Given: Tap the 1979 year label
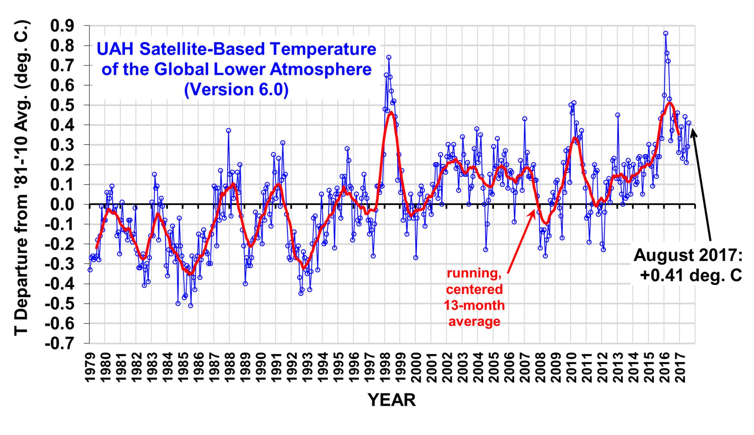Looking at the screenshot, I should coord(90,368).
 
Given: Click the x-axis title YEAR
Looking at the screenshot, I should coord(391,400).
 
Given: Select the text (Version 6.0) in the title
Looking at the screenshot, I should coord(236,89).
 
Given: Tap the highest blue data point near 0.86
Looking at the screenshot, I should coord(665,33).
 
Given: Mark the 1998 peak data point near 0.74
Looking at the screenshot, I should coord(389,57).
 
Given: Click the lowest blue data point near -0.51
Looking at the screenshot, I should coord(190,305).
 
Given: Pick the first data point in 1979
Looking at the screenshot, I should coord(90,270).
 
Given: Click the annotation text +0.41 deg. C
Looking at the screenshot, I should coord(691,276).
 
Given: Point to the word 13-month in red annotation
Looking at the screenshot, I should coord(474,305).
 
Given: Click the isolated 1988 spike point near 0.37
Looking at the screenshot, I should coord(228,130).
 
